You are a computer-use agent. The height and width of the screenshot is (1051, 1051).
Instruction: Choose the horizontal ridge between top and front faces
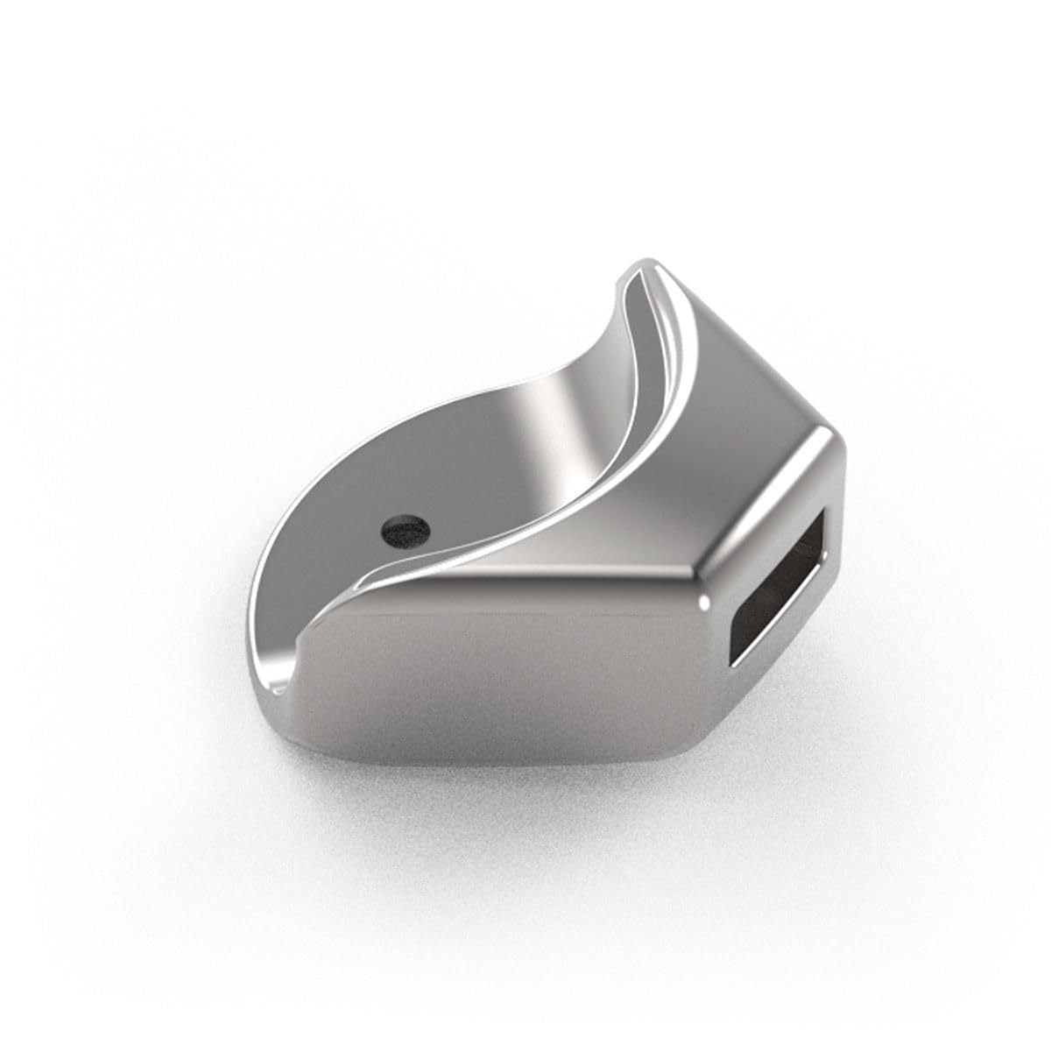coord(525,613)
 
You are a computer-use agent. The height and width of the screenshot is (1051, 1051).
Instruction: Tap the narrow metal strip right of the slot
coord(833,543)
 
